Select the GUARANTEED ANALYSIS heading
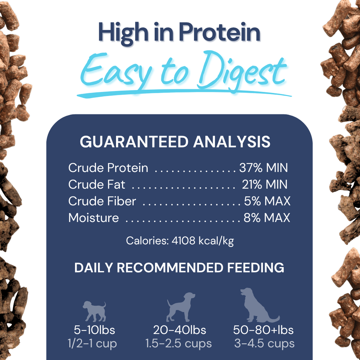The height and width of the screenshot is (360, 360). [x=175, y=142]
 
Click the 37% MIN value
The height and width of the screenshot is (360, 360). [x=263, y=168]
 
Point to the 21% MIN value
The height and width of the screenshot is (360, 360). [x=264, y=184]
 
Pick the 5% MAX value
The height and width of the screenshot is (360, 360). [x=267, y=201]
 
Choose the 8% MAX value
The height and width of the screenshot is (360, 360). [x=267, y=218]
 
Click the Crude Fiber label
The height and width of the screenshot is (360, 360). [x=102, y=201]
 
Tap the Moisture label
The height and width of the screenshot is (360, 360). [x=94, y=218]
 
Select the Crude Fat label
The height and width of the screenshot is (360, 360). [x=97, y=184]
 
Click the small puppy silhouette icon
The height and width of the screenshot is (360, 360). [x=95, y=311]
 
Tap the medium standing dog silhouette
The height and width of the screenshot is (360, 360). [x=180, y=307]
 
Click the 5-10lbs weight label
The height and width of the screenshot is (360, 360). [x=95, y=330]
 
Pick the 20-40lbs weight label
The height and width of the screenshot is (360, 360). [x=179, y=330]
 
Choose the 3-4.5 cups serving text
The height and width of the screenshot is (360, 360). [x=264, y=343]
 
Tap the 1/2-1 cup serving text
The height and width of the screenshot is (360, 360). [x=92, y=343]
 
